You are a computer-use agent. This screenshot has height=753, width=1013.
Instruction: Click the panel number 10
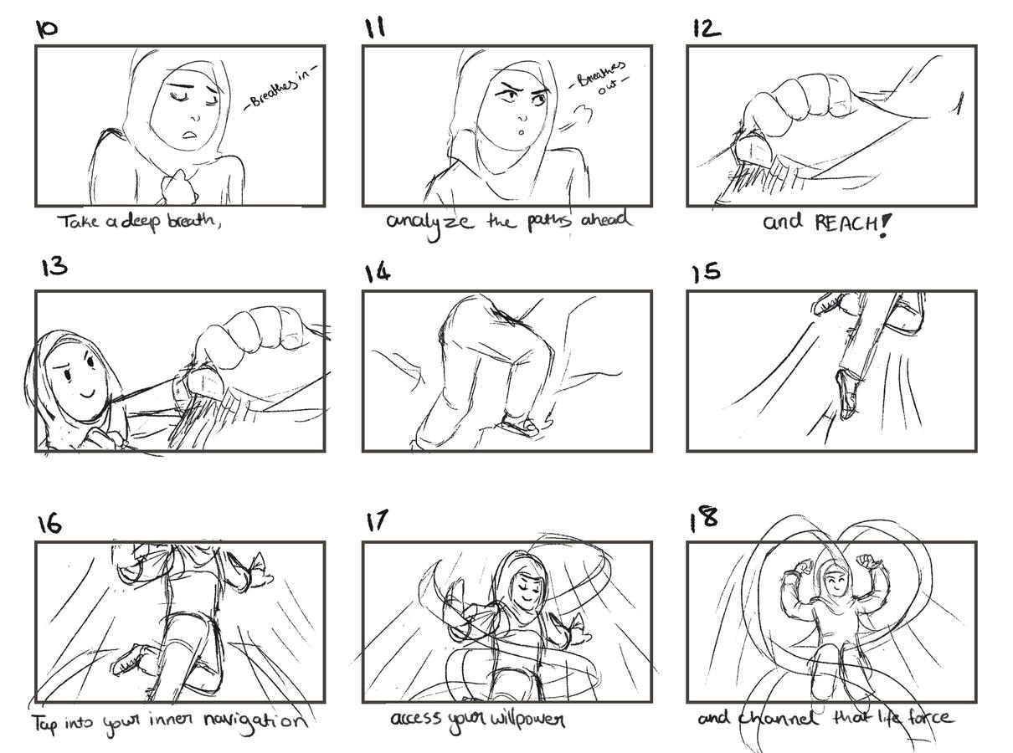click(47, 29)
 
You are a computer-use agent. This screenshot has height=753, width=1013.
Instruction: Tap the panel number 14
click(378, 273)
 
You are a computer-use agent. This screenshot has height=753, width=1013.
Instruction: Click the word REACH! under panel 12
click(852, 223)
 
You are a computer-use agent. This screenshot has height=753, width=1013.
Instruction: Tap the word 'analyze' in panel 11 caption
click(429, 223)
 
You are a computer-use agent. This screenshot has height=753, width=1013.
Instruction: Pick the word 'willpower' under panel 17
click(527, 720)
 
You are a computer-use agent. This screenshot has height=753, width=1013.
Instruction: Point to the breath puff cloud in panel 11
click(582, 114)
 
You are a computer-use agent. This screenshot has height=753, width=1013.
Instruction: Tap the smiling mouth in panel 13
click(89, 392)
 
